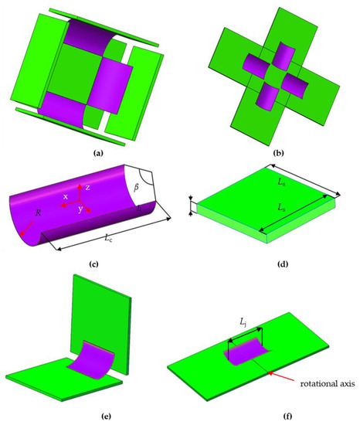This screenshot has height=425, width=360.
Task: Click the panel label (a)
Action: click(97, 153)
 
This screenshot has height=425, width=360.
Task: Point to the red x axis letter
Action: click(67, 197)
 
